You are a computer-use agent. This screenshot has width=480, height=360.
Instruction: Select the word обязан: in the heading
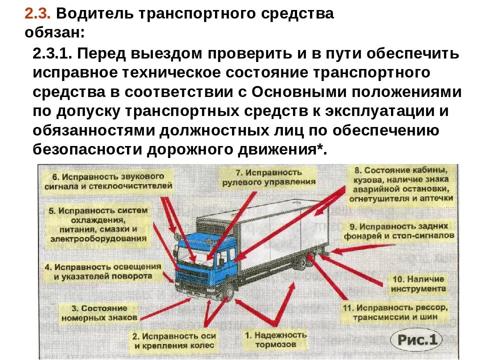54,33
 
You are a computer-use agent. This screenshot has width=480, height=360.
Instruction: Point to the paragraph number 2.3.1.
54,53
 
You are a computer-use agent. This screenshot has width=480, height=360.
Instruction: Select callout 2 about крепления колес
173,340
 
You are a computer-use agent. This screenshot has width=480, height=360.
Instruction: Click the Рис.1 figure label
416,340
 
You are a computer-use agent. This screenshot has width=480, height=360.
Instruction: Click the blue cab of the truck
210,260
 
